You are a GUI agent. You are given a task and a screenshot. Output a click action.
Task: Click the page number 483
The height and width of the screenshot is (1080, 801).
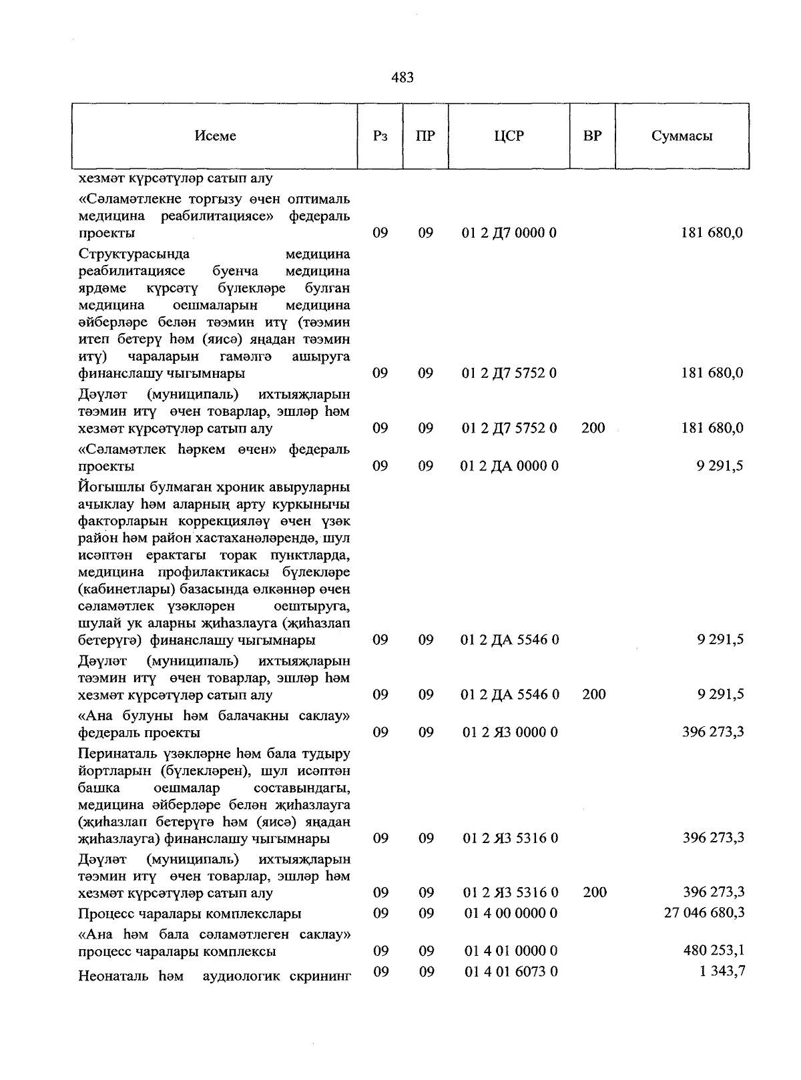[402, 78]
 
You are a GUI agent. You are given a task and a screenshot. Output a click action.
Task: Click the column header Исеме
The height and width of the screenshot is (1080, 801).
[215, 136]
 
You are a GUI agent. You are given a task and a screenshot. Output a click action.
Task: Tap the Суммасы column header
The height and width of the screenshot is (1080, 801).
[682, 136]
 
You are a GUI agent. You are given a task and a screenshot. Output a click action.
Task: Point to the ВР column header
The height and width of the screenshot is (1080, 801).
[592, 136]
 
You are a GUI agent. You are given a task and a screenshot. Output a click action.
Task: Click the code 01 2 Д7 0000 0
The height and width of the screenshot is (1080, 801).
[509, 233]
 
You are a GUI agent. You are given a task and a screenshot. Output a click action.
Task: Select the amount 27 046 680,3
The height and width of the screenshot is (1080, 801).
[704, 912]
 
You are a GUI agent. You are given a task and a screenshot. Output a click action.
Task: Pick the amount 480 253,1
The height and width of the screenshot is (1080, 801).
[714, 951]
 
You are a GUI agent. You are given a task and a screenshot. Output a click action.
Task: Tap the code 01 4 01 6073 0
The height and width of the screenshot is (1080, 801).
[511, 971]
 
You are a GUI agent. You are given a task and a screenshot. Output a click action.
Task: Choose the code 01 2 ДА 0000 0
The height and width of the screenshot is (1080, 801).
[509, 465]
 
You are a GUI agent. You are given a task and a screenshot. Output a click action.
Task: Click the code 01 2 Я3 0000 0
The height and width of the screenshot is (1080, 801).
[510, 732]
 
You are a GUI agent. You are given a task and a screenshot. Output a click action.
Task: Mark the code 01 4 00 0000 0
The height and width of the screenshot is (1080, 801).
[511, 912]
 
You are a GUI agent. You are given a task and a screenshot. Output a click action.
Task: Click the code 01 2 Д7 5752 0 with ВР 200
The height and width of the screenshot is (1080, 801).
[509, 428]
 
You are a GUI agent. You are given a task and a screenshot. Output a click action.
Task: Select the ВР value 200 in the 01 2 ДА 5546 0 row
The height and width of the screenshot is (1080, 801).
[593, 694]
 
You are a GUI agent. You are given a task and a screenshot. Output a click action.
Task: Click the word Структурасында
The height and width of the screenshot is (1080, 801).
[133, 254]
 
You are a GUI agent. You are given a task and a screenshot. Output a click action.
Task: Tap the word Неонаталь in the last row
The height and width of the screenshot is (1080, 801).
[114, 976]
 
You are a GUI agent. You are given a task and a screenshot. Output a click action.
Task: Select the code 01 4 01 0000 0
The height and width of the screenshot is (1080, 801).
[511, 951]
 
